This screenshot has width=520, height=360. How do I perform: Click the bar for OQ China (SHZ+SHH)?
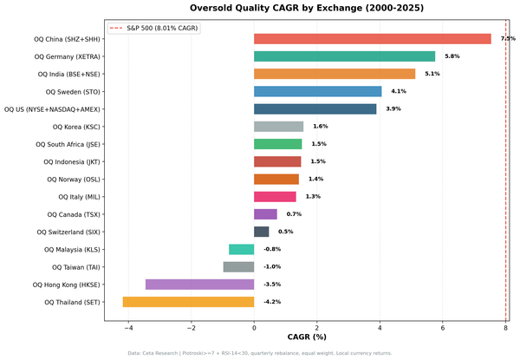click(373, 39)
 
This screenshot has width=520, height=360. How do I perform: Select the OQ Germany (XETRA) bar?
click(344, 56)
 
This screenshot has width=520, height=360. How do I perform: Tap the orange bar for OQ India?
click(335, 74)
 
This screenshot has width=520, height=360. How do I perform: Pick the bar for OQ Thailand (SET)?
click(188, 302)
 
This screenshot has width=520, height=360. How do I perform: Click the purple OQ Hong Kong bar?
click(199, 284)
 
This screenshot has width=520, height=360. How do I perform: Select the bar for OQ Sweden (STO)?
click(318, 91)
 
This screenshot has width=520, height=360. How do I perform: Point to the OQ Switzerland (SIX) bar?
click(261, 232)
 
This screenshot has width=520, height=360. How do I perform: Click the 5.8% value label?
click(452, 56)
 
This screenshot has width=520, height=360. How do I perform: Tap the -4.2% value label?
click(272, 302)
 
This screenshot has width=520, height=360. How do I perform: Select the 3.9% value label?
click(393, 109)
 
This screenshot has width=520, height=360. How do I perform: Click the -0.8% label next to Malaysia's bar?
click(272, 249)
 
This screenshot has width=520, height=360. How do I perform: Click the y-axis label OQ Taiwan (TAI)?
click(75, 267)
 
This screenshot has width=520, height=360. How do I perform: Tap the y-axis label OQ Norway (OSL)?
click(75, 180)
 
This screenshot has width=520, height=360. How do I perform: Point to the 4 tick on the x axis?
click(380, 328)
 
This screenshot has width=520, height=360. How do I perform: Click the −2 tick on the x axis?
click(191, 328)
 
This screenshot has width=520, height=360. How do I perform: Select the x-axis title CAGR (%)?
click(306, 337)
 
